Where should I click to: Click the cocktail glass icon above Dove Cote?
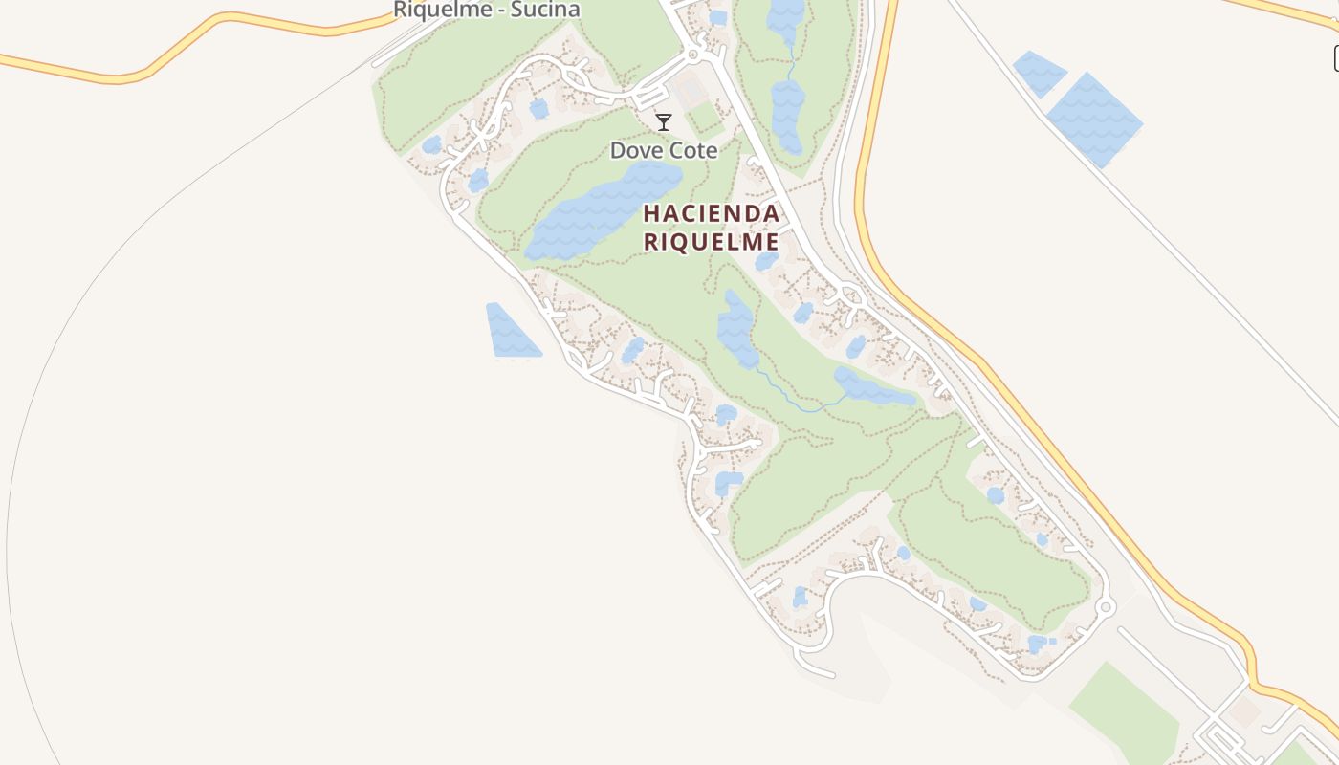coord(663,121)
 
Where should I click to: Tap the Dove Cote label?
coord(664,150)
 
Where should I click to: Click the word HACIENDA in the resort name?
coord(711,212)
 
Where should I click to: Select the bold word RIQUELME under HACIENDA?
coord(711,242)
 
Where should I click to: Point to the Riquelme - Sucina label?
coord(487,10)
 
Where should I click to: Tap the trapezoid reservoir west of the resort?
coord(511,332)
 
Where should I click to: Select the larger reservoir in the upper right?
coord(1094,118)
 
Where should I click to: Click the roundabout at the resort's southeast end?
coord(1105,606)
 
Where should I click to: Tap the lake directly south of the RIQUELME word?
coord(736,330)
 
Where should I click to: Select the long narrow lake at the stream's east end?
coord(872,386)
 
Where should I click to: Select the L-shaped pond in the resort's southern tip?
coord(1038,644)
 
